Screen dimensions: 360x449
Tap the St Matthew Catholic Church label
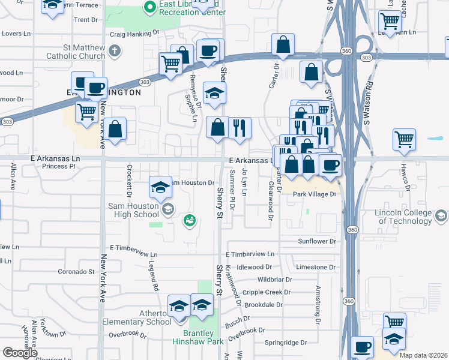click(76, 52)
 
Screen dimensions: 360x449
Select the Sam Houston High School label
click(125, 210)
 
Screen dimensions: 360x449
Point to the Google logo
click(20, 353)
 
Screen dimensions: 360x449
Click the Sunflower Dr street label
click(317, 241)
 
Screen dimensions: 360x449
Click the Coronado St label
click(76, 272)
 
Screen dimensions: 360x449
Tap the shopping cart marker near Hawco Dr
click(405, 139)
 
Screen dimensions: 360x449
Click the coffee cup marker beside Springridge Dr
click(363, 346)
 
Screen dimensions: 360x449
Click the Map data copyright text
click(423, 355)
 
